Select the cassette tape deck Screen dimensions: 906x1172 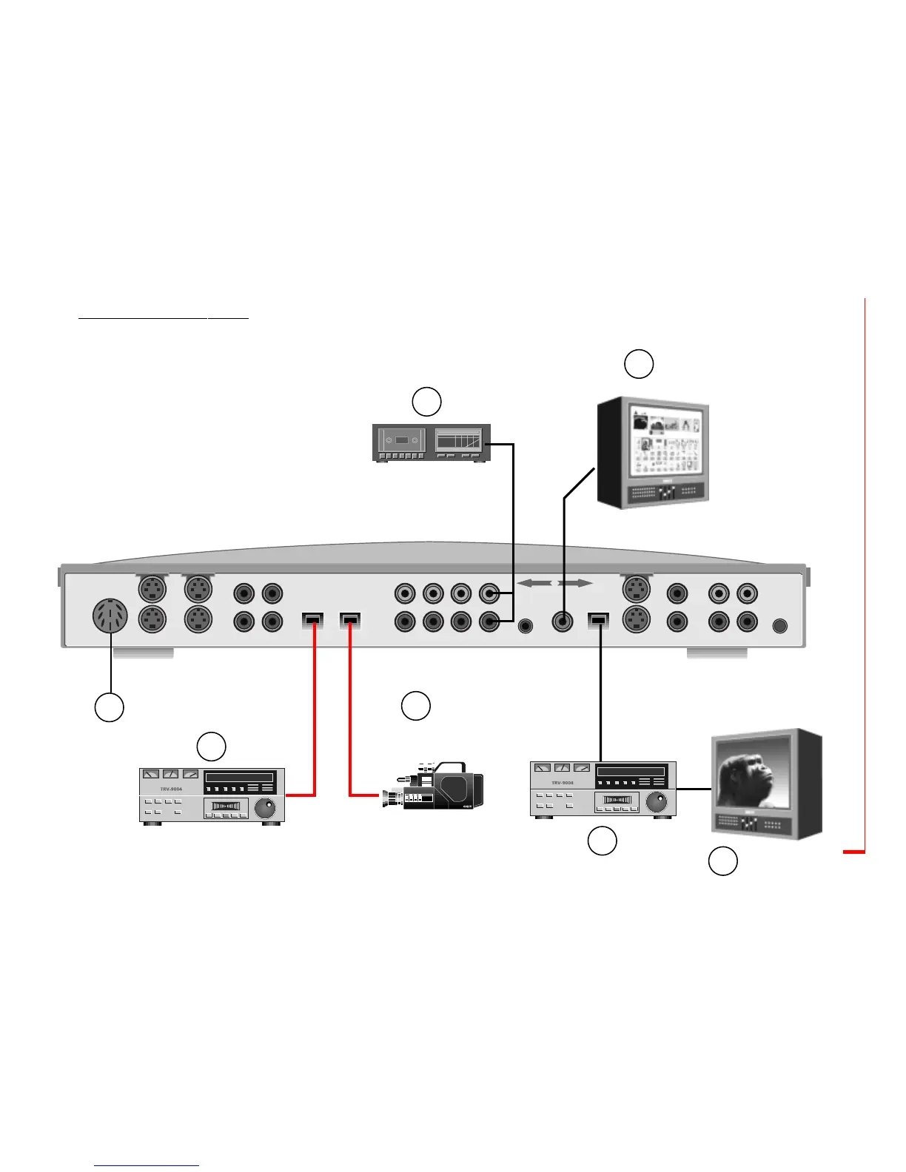(x=431, y=442)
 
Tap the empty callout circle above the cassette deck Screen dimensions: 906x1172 (x=426, y=401)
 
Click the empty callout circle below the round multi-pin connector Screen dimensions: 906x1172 (x=109, y=707)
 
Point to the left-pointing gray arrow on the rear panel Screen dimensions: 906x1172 (x=534, y=584)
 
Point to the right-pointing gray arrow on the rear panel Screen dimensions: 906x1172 (x=575, y=584)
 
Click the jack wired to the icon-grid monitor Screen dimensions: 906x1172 (x=563, y=622)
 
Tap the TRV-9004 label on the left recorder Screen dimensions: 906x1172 (x=171, y=789)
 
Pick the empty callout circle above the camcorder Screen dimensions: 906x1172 (x=415, y=706)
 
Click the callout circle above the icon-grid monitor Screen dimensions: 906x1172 (x=639, y=364)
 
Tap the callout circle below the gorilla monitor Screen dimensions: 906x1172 (x=723, y=862)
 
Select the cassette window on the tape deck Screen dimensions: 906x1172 (x=402, y=439)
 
